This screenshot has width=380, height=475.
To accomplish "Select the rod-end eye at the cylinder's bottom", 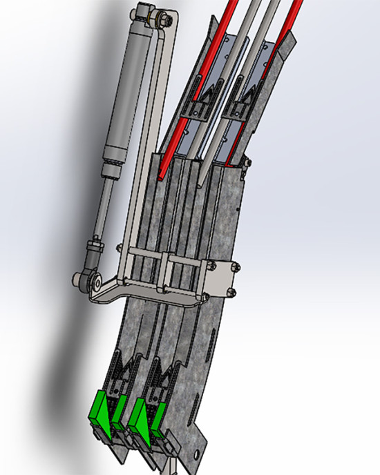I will pyautogui.click(x=86, y=280).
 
